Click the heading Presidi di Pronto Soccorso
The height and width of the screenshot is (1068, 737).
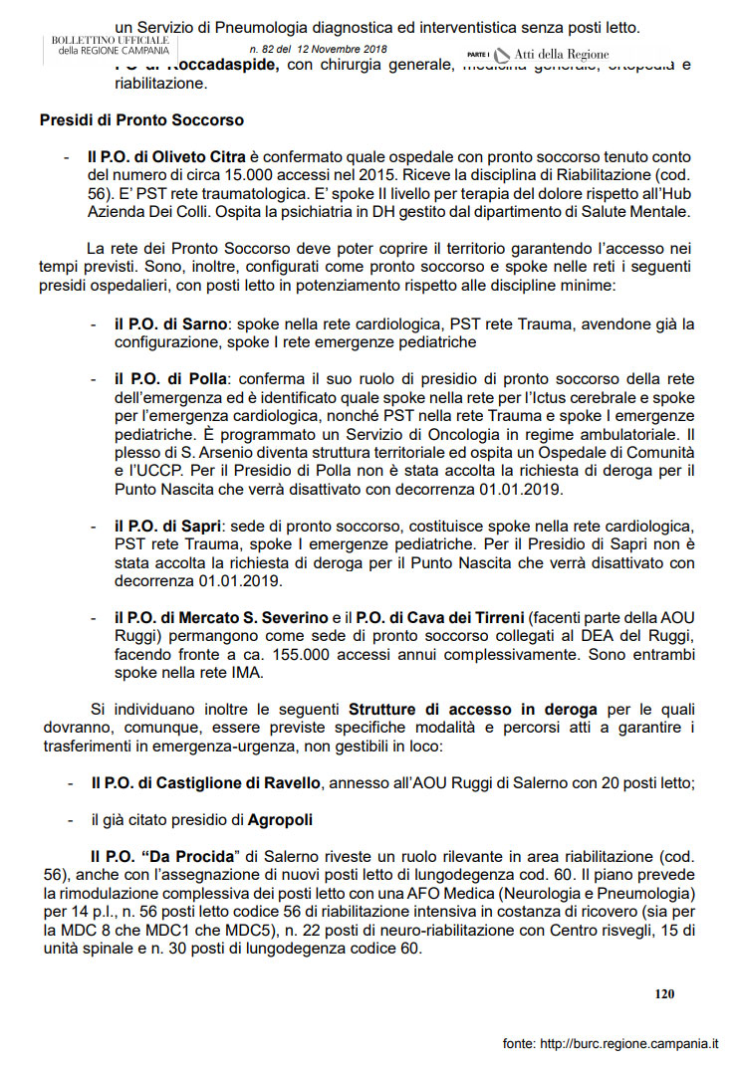point(141,120)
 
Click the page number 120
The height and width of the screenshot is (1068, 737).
point(665,992)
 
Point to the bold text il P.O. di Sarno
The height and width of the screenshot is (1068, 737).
point(170,325)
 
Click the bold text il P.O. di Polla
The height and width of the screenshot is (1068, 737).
point(170,379)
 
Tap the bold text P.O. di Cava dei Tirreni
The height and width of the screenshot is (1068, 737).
point(443,617)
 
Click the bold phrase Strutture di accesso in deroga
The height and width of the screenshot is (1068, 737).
point(472,710)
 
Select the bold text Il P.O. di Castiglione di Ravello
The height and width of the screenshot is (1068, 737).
point(205,783)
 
